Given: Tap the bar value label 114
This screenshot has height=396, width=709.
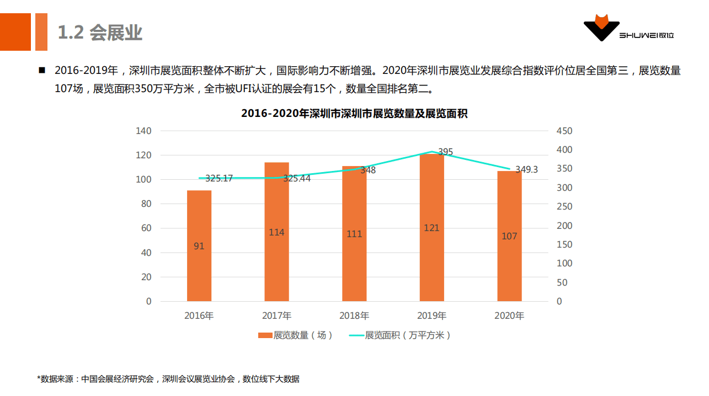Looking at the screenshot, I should (276, 232).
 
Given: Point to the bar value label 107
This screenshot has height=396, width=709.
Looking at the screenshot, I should (509, 236).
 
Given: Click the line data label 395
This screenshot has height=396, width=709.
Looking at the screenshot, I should (445, 152).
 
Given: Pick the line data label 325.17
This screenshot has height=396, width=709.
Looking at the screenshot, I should (219, 178).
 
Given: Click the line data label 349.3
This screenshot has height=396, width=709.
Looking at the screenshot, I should (526, 170).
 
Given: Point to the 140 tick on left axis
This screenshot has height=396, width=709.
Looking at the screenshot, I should (143, 131).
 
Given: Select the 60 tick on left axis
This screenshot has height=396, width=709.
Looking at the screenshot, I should (146, 228).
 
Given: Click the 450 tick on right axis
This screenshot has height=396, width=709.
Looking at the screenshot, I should (564, 131).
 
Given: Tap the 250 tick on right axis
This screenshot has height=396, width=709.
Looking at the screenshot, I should (564, 206).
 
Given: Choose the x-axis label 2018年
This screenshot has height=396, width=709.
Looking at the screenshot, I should (354, 316).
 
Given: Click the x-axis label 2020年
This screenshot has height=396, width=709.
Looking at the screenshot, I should (509, 316).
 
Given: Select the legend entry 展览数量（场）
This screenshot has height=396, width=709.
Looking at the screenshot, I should (296, 335).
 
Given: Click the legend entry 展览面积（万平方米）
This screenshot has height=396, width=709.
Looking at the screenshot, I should (401, 335).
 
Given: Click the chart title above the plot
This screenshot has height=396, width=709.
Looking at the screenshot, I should (354, 114).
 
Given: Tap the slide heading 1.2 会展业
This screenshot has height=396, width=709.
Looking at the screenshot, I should (100, 33).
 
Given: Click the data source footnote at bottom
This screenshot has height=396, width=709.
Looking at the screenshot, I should (168, 379).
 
